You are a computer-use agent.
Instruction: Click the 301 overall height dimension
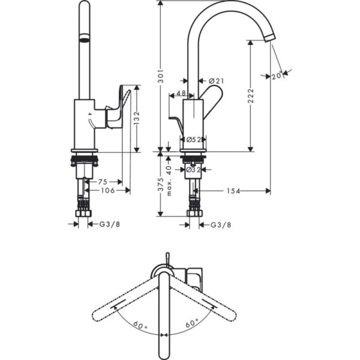(161, 75)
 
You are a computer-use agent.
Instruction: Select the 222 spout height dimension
(251, 96)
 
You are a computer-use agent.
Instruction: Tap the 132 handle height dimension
(137, 118)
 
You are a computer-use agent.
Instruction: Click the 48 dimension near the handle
(181, 94)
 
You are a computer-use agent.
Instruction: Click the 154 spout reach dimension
(233, 191)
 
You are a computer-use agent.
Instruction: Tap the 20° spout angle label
(277, 76)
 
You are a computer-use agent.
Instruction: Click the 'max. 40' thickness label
(170, 181)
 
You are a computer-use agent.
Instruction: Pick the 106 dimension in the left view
(107, 190)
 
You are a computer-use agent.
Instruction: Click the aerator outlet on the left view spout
(85, 39)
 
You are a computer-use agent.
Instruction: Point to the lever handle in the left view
(117, 108)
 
